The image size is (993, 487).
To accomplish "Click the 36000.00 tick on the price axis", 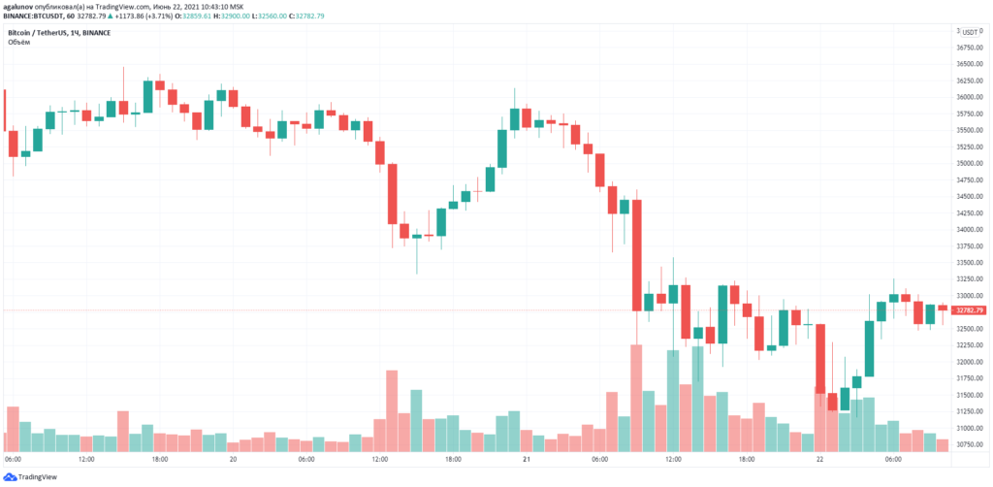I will (x=971, y=97).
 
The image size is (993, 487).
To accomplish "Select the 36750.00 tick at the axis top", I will (x=971, y=48).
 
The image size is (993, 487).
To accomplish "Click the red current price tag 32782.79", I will (x=971, y=310).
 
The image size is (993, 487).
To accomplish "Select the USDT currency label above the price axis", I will (x=970, y=32).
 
